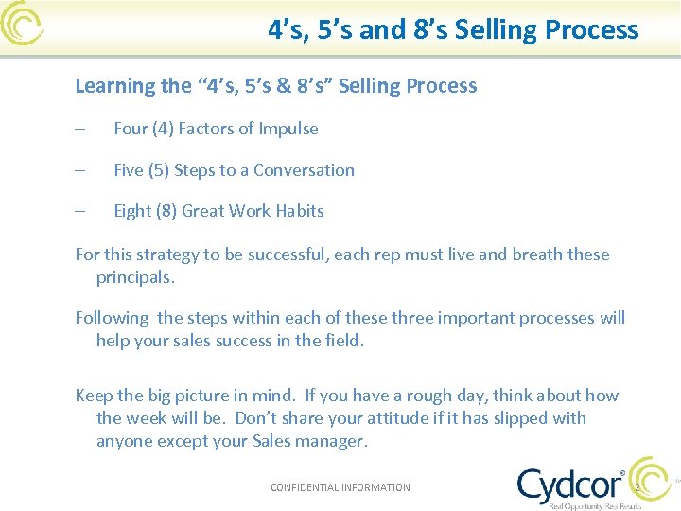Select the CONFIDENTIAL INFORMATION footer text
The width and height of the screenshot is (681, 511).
coord(340,487)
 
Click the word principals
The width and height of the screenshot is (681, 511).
coord(135,277)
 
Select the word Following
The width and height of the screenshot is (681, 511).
coord(112,318)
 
